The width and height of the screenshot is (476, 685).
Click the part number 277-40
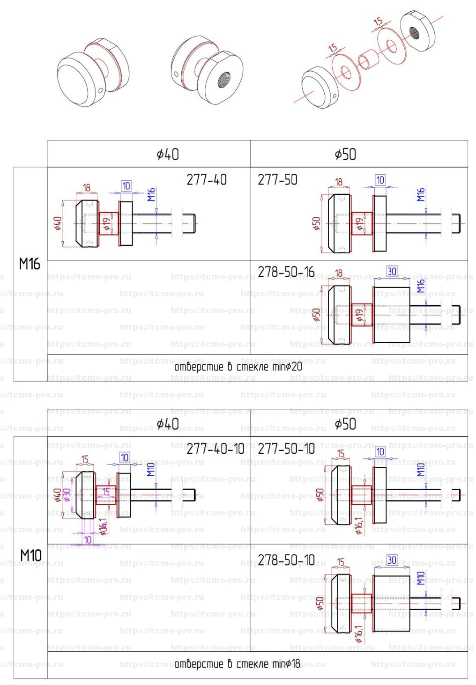click(206, 180)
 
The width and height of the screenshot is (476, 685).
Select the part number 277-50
click(277, 180)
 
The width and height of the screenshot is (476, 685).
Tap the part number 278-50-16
click(286, 272)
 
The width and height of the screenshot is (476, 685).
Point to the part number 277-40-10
click(215, 449)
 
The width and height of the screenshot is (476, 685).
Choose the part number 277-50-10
click(286, 449)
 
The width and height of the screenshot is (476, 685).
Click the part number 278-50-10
click(286, 560)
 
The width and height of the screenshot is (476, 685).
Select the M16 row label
click(30, 264)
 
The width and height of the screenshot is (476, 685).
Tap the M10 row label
click(30, 556)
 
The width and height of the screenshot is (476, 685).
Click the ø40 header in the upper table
click(167, 154)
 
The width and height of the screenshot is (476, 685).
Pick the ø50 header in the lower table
click(345, 424)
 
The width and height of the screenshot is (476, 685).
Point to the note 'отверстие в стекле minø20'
click(238, 367)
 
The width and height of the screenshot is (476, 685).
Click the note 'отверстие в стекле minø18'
click(237, 664)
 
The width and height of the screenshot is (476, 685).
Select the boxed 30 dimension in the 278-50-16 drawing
click(392, 271)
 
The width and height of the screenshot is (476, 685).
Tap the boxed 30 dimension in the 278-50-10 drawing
click(392, 560)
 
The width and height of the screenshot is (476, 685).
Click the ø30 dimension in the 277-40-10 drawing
click(67, 495)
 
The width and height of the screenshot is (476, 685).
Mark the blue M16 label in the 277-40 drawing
click(151, 195)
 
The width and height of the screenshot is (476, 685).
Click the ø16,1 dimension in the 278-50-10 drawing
click(358, 633)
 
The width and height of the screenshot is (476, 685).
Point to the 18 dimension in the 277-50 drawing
click(338, 182)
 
